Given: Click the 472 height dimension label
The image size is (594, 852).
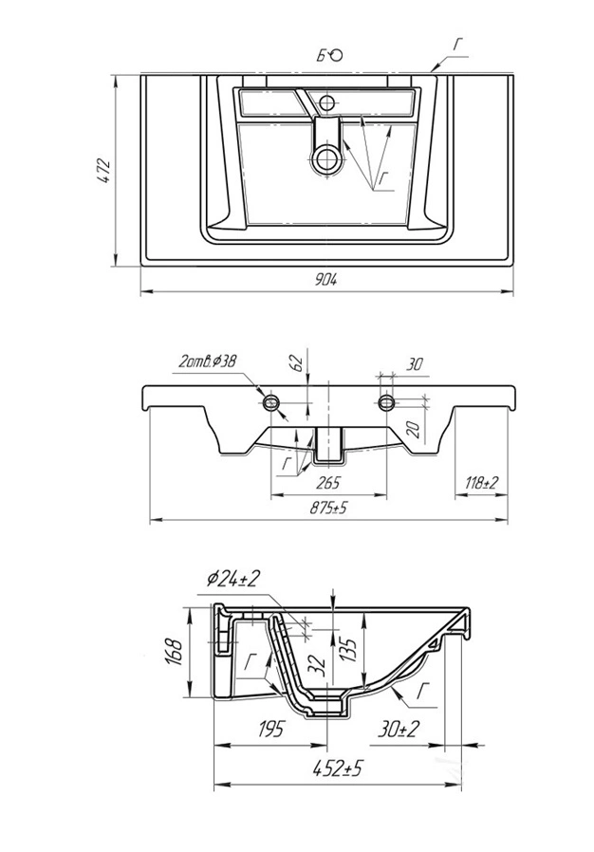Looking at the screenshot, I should [x=105, y=171].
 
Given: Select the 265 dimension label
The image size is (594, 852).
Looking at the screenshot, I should [x=328, y=483].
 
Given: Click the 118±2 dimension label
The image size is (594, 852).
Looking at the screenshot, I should [x=481, y=483].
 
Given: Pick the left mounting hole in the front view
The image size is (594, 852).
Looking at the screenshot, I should [x=271, y=403].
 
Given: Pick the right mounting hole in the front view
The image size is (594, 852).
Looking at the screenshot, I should [x=386, y=403].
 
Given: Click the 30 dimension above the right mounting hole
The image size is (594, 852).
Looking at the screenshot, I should [x=414, y=363].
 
